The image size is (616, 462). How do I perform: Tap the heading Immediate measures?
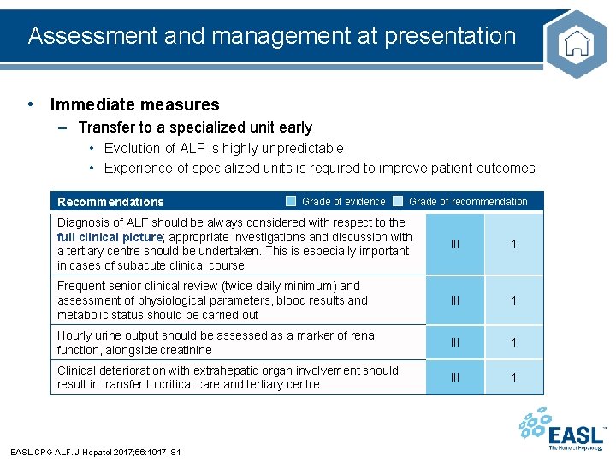[x=134, y=105]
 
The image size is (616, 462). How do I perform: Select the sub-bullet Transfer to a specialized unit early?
[x=195, y=127]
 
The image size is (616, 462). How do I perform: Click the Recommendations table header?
[x=110, y=202]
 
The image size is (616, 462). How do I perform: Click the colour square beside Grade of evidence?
[x=291, y=202]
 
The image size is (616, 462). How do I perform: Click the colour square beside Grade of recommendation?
[x=398, y=202]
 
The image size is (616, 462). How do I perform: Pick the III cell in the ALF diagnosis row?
[x=455, y=244]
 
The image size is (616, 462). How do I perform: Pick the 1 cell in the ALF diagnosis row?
[x=513, y=244]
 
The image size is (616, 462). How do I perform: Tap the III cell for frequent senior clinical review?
[x=455, y=300]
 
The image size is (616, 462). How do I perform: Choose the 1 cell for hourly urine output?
[x=513, y=342]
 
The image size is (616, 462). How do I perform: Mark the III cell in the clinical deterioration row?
[x=455, y=377]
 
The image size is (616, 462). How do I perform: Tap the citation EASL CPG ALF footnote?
[x=95, y=451]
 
